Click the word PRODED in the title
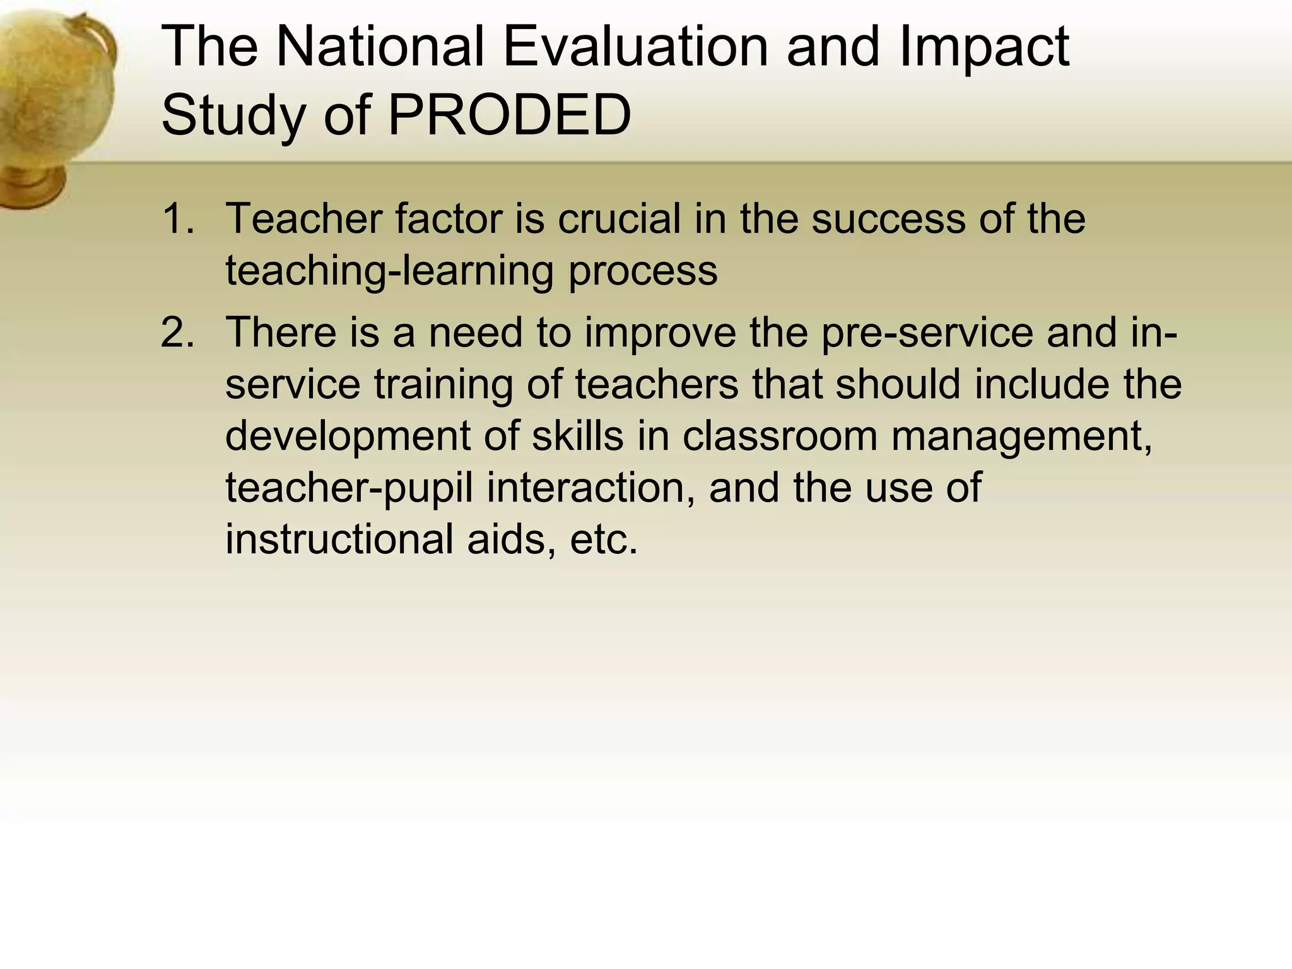click(509, 115)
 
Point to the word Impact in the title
click(985, 49)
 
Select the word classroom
click(780, 436)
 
